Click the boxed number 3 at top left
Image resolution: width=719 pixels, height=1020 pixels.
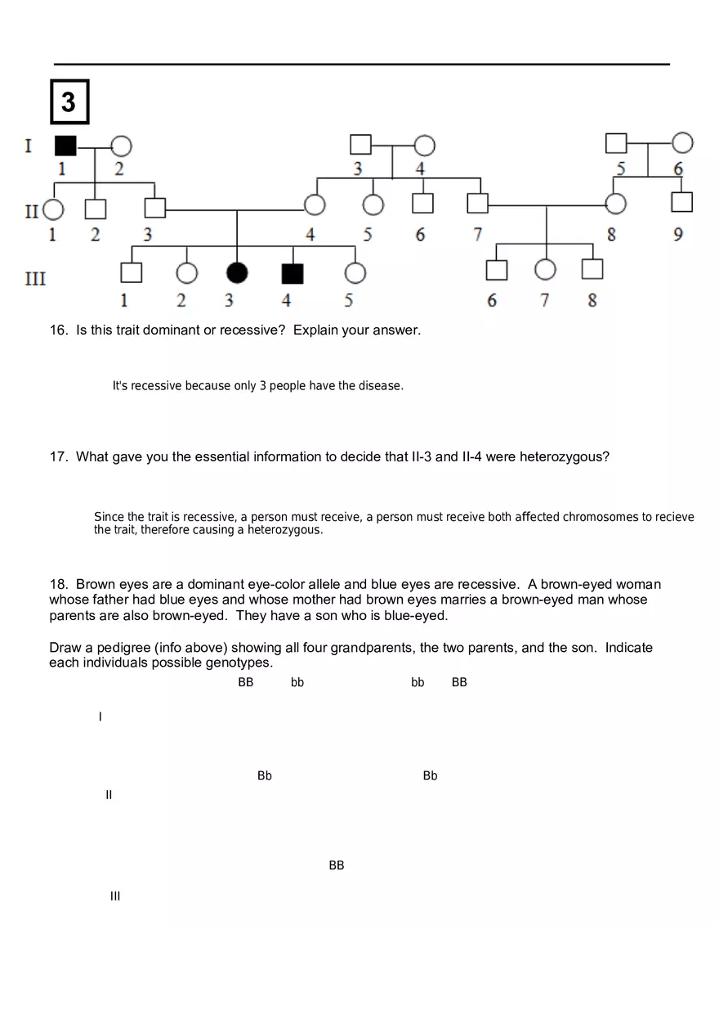[69, 102]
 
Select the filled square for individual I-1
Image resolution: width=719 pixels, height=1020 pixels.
[65, 146]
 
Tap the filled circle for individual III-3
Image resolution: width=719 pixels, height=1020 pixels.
[237, 272]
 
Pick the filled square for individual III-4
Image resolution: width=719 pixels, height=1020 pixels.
[292, 273]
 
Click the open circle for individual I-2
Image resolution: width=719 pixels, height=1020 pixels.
[121, 146]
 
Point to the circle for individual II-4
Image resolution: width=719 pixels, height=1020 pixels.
[315, 204]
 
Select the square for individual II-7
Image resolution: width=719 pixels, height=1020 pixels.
[477, 203]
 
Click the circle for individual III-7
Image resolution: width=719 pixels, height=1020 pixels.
[545, 269]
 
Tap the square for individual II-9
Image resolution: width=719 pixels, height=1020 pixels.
[681, 201]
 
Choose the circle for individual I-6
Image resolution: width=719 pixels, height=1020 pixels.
[682, 143]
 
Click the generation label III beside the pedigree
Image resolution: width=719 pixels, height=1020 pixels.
[35, 279]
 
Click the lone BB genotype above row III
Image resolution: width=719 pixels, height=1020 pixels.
[337, 865]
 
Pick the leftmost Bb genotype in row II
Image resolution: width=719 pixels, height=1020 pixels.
[265, 775]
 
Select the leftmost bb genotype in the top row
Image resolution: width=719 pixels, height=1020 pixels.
[297, 682]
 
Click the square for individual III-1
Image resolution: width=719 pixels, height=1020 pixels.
[131, 272]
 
